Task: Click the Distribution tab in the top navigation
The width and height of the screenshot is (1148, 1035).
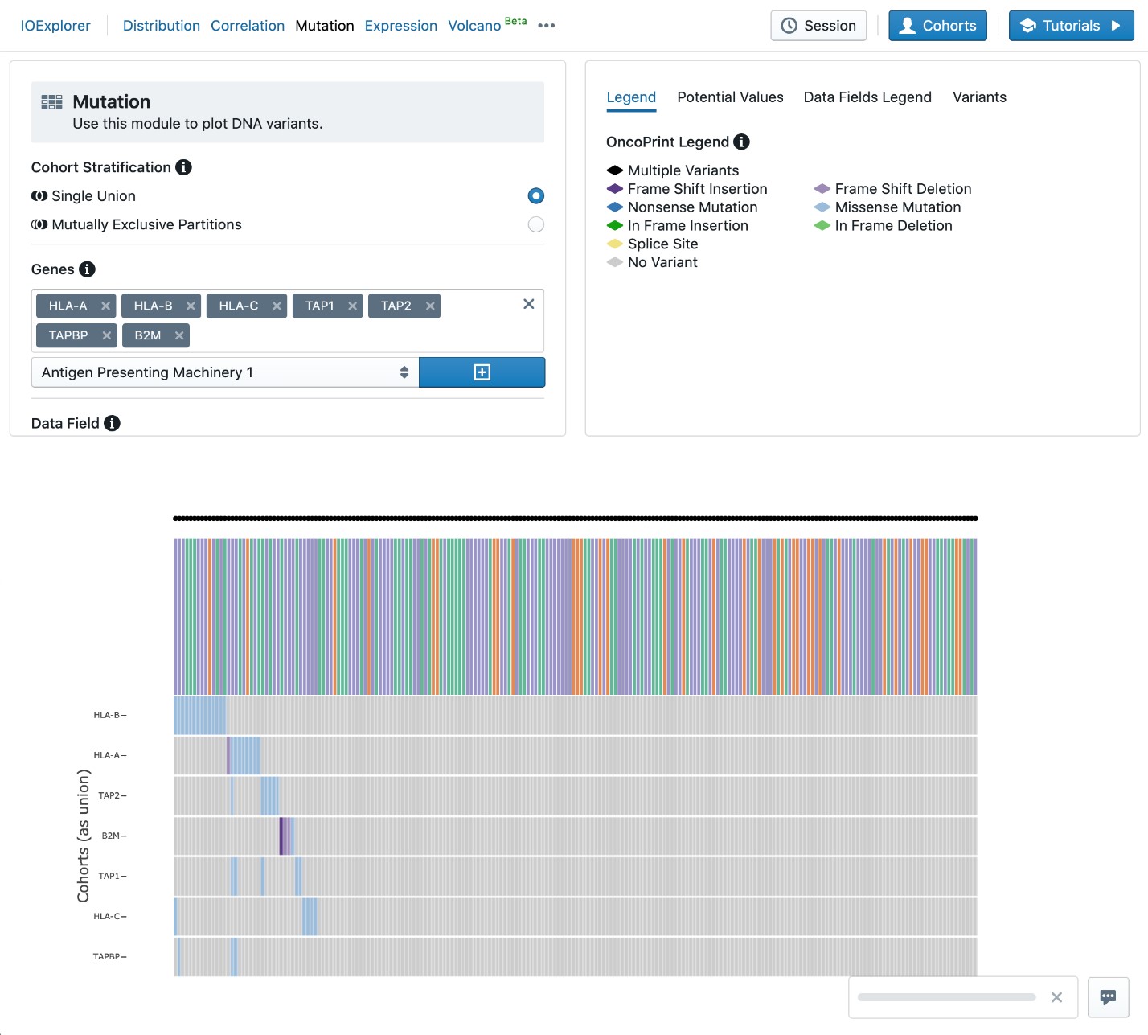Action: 161,26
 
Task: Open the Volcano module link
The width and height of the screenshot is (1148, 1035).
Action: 474,26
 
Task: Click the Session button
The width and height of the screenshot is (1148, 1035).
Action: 818,26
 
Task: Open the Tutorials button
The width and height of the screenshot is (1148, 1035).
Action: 1071,26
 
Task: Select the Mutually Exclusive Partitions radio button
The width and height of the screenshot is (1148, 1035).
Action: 535,224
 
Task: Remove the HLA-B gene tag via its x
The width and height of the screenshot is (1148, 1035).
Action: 191,306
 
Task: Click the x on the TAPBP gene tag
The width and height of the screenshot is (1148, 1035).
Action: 106,335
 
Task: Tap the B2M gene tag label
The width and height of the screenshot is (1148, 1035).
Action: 147,335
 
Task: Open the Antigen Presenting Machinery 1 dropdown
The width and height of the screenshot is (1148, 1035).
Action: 225,372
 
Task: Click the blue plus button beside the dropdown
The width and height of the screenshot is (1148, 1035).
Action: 482,372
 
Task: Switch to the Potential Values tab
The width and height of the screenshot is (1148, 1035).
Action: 730,97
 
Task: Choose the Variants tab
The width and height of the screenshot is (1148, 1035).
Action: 979,97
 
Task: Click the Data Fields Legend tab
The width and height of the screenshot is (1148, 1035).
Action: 867,97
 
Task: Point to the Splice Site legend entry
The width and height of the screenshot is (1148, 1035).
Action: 662,244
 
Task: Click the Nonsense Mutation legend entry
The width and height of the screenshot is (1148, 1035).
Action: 692,207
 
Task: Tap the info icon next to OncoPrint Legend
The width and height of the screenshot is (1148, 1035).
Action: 742,142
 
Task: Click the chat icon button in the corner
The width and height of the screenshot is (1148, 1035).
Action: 1108,997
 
